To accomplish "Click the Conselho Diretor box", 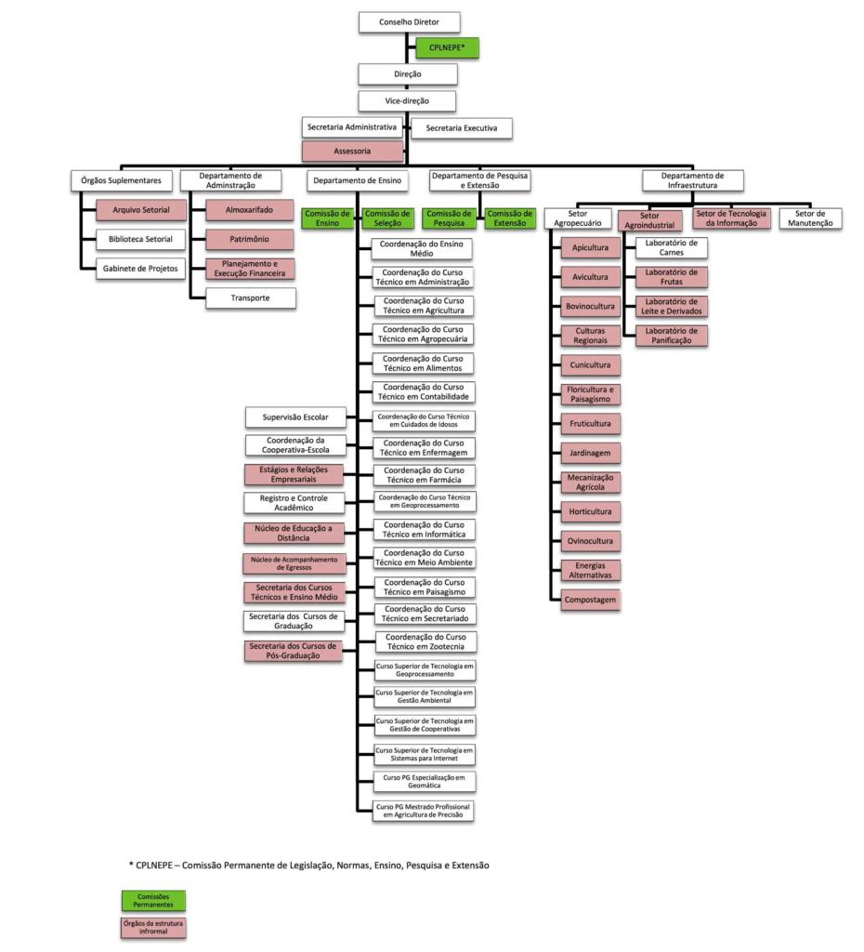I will tap(409, 22).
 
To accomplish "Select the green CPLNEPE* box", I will tap(447, 46).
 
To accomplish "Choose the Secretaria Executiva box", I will tap(462, 127).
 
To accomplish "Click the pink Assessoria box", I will tap(352, 151).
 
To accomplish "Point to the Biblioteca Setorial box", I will tap(141, 240).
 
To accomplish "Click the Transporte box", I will tap(250, 298).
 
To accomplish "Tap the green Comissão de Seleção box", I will tap(386, 218).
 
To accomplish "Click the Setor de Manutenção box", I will tap(811, 218).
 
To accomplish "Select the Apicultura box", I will tap(590, 248).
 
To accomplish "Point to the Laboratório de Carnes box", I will tap(671, 247).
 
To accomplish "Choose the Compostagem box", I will tap(590, 600).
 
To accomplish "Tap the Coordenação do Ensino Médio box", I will tap(423, 248).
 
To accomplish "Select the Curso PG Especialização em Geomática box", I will tap(424, 781).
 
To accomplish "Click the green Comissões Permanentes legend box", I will tap(152, 900).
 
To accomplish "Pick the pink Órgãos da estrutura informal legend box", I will tap(152, 928).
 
